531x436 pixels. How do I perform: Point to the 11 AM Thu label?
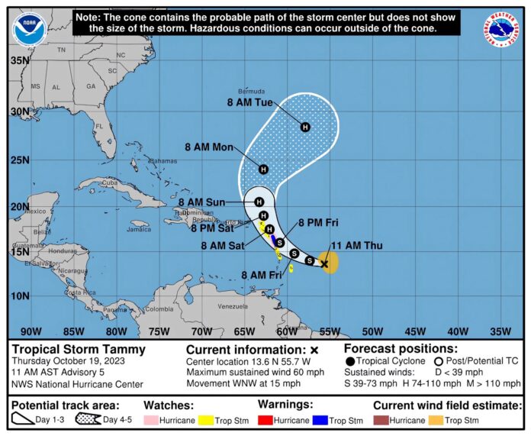[356, 246]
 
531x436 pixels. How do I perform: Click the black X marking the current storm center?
[324, 264]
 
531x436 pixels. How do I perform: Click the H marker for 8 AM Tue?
[304, 127]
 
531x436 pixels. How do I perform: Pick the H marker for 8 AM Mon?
[263, 169]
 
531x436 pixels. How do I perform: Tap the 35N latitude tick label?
[20, 60]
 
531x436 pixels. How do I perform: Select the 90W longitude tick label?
[31, 331]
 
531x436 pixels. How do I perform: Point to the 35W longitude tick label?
[500, 331]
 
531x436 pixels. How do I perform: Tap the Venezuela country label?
[233, 306]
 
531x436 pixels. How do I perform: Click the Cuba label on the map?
[111, 182]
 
